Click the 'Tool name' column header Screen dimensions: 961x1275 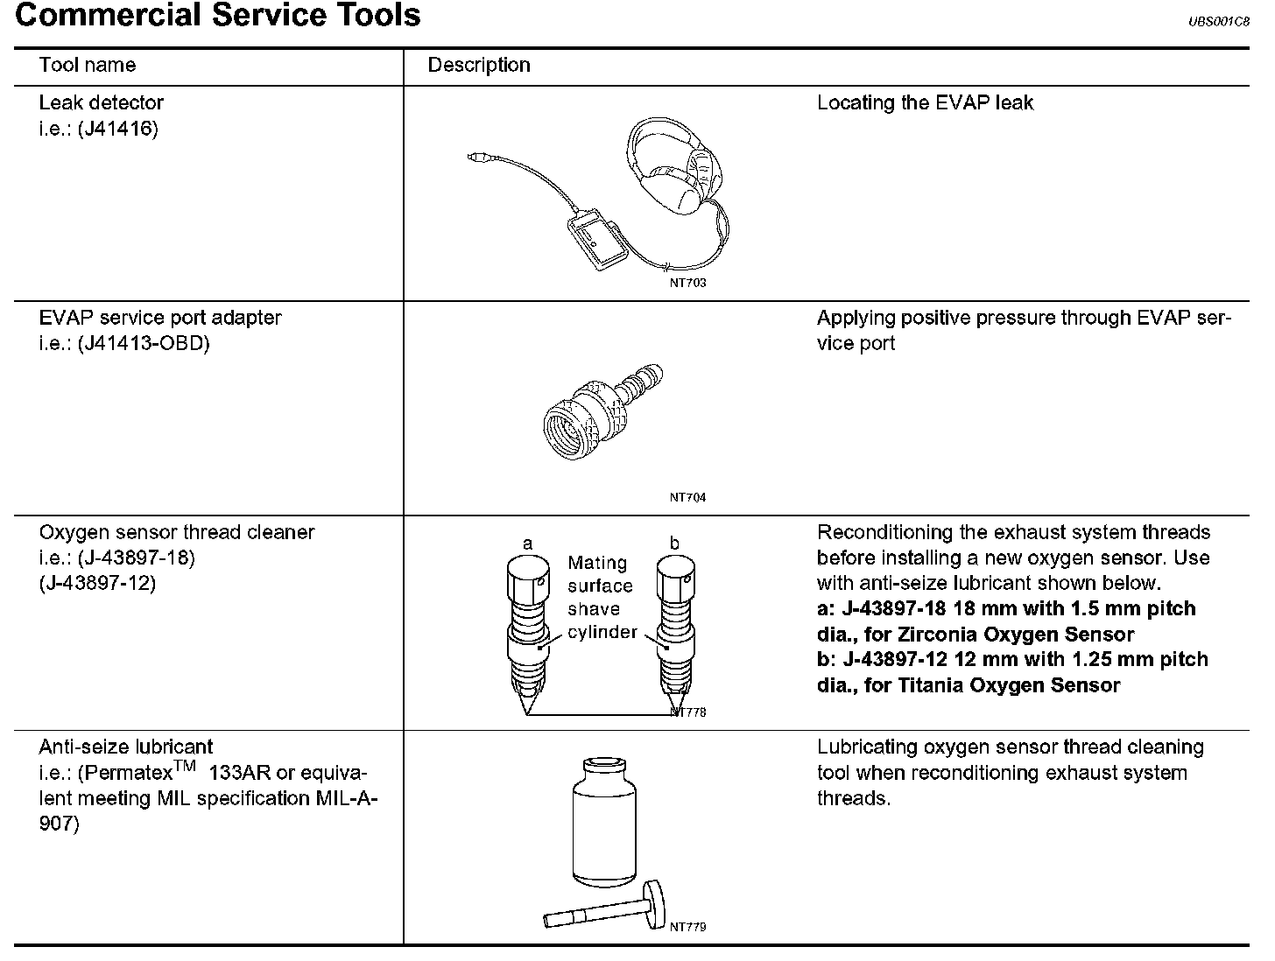pyautogui.click(x=87, y=65)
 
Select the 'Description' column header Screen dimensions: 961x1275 pyautogui.click(x=478, y=65)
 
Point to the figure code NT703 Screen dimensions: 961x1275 pyautogui.click(x=687, y=283)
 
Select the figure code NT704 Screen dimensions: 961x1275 pyautogui.click(x=687, y=497)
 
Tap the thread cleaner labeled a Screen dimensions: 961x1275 pyautogui.click(x=527, y=630)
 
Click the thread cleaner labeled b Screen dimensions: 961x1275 pyautogui.click(x=675, y=630)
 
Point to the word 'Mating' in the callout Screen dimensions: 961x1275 pyautogui.click(x=597, y=563)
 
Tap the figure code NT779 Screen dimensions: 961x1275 pyautogui.click(x=687, y=926)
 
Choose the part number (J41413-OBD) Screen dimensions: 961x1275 pyautogui.click(x=144, y=343)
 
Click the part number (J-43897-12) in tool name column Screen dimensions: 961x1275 pyautogui.click(x=97, y=583)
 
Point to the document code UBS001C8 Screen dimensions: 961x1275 pyautogui.click(x=1218, y=22)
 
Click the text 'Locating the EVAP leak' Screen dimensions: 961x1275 pyautogui.click(x=925, y=102)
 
